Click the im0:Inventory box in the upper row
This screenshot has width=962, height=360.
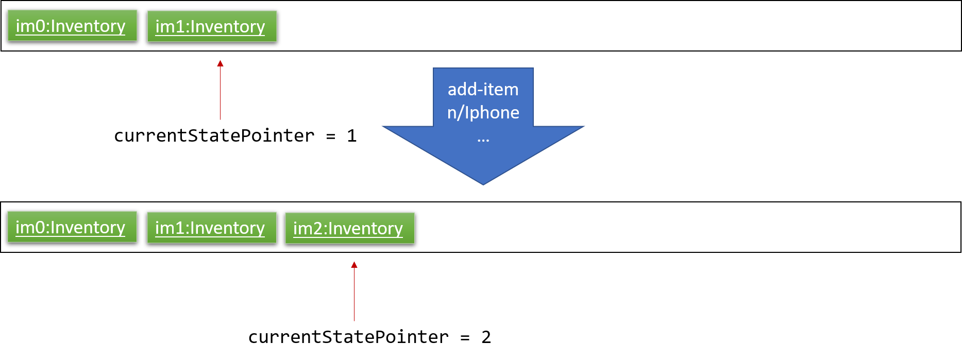pyautogui.click(x=72, y=25)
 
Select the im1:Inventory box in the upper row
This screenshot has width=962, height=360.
pyautogui.click(x=212, y=26)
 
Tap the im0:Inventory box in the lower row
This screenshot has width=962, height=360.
pyautogui.click(x=72, y=227)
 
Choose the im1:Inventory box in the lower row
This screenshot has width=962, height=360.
pyautogui.click(x=212, y=227)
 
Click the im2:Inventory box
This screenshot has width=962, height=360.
pyautogui.click(x=350, y=228)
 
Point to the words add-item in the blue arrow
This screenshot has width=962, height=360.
pyautogui.click(x=483, y=90)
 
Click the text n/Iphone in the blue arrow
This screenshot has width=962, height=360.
pyautogui.click(x=483, y=113)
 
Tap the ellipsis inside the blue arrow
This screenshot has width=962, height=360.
pyautogui.click(x=483, y=140)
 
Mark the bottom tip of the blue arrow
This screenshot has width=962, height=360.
pyautogui.click(x=483, y=185)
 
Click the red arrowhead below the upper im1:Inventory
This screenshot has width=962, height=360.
pyautogui.click(x=220, y=63)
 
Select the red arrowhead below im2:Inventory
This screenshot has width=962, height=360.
pyautogui.click(x=354, y=265)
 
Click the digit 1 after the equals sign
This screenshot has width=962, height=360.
pyautogui.click(x=352, y=136)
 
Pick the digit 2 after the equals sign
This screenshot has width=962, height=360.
pyautogui.click(x=486, y=337)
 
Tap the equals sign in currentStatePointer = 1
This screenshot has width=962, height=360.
pyautogui.click(x=331, y=136)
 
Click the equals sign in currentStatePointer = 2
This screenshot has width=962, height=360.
pyautogui.click(x=465, y=338)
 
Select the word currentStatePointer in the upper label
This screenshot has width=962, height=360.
pyautogui.click(x=214, y=136)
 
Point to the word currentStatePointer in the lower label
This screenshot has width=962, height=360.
pyautogui.click(x=349, y=337)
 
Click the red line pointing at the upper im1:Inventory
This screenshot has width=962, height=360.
pyautogui.click(x=220, y=90)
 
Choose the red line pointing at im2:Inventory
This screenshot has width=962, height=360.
pyautogui.click(x=354, y=292)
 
